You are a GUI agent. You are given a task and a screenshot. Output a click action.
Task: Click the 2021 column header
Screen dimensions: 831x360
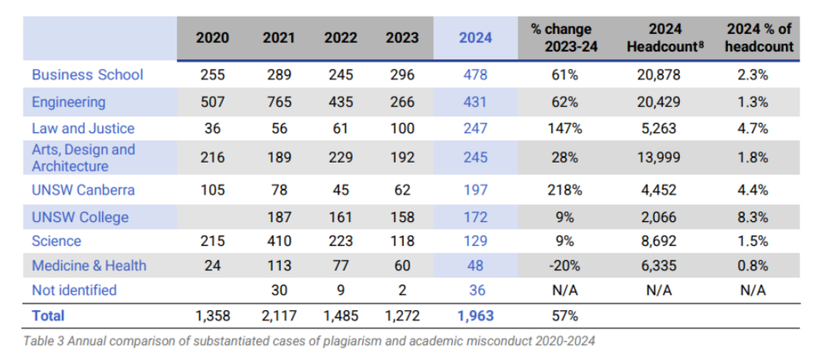(x=278, y=38)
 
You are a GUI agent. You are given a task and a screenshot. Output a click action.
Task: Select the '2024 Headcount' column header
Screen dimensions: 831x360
(x=666, y=37)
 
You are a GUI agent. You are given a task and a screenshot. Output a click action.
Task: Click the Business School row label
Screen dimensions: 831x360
(x=87, y=75)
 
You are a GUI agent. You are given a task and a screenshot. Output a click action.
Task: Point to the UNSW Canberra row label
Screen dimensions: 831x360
(x=83, y=190)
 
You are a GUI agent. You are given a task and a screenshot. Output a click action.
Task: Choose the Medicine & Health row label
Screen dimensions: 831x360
(x=89, y=265)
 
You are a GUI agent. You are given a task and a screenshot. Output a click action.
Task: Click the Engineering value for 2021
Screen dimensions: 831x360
(x=278, y=101)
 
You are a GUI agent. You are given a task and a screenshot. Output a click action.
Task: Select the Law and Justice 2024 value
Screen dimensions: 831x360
(x=475, y=129)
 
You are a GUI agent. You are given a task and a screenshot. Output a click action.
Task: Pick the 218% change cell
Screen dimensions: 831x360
(x=564, y=190)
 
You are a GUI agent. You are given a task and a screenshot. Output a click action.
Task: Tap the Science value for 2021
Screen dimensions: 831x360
(x=278, y=241)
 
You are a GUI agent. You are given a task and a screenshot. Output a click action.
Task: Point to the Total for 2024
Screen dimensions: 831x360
(x=475, y=317)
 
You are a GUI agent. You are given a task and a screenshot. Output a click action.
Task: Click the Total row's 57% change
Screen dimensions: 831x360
(x=564, y=317)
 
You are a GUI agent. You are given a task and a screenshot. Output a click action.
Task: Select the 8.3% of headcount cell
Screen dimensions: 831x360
(x=754, y=217)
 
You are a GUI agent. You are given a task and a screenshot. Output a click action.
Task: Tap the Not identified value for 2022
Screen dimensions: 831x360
(x=342, y=290)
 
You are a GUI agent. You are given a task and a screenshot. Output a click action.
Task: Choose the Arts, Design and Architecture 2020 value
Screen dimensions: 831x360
(x=213, y=157)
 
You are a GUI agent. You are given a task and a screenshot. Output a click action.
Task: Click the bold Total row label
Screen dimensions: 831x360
(x=48, y=317)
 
